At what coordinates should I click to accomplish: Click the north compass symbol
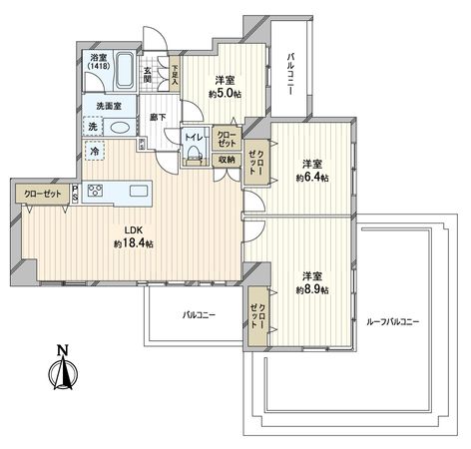pos(63,368)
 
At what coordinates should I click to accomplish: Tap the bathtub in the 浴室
pos(126,70)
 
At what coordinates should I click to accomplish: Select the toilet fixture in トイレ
pos(195,155)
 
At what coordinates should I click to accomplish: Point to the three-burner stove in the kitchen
pos(95,191)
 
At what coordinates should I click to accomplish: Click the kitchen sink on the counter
pos(139,191)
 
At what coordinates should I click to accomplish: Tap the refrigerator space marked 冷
pos(95,151)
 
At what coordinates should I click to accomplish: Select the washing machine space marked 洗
pos(93,127)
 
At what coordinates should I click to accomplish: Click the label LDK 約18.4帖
pos(134,237)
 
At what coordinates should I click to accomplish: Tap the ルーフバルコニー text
pos(392,321)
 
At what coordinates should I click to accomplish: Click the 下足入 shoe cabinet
pos(175,74)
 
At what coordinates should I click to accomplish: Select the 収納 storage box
pos(227,160)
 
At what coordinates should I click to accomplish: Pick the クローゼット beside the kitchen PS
pos(43,194)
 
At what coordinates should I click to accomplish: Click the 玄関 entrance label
pos(148,75)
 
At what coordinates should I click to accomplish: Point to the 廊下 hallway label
pos(159,118)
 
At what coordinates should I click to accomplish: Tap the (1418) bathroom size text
pos(99,66)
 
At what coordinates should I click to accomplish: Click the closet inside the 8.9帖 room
pos(258,316)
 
